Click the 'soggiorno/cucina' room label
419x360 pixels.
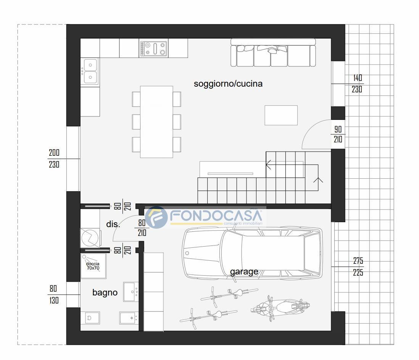point(228,84)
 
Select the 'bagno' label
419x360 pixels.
point(105,293)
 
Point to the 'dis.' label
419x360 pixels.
point(113,224)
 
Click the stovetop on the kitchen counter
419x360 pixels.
point(154,48)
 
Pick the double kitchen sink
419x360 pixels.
point(90,71)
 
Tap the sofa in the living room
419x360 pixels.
point(273,53)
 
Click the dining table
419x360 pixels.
point(156,122)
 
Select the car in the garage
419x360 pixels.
point(252,253)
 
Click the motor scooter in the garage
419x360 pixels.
point(280,308)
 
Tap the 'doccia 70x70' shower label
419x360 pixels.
point(93,266)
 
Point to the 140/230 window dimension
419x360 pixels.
point(357,84)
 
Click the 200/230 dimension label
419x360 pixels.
point(54,158)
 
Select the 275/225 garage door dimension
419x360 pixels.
point(358,266)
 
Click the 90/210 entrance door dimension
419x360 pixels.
point(338,134)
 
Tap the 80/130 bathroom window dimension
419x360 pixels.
point(54,294)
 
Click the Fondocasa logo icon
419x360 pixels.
point(156,217)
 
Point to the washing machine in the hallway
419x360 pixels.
point(90,237)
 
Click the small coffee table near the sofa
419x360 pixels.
point(281,115)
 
